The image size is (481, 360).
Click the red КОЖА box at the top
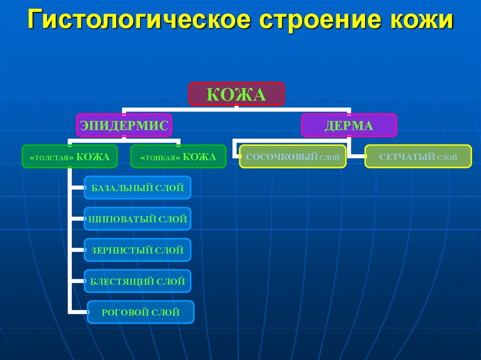point(236,94)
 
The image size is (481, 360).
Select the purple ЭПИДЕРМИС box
point(124,125)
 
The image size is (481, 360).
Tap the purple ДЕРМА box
point(349,125)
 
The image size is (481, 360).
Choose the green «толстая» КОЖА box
point(69,157)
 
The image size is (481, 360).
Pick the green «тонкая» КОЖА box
point(178,157)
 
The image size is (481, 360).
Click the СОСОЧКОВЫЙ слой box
point(293,157)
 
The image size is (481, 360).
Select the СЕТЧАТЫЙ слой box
point(418,157)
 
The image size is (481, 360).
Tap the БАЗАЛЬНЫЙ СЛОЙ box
point(137,188)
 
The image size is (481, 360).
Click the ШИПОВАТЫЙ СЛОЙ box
point(137,219)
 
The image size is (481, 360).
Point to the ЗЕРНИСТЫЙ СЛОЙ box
point(137,250)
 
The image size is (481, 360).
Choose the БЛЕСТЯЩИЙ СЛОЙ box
point(137,282)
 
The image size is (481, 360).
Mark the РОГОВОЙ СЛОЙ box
point(140,312)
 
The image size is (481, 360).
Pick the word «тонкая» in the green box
point(160,158)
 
